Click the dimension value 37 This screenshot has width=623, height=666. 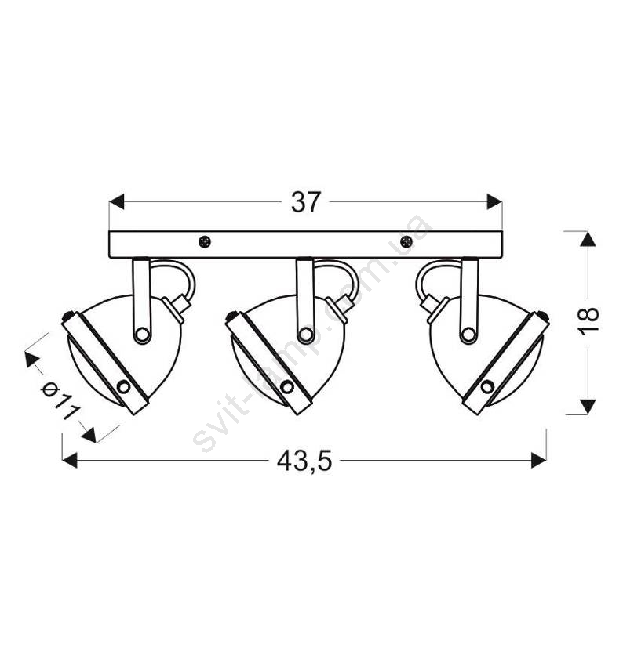click(305, 202)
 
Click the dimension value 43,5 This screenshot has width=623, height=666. click(304, 461)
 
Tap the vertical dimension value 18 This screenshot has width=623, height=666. click(590, 316)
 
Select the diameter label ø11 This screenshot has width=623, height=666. click(61, 401)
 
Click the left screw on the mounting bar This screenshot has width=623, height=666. click(205, 242)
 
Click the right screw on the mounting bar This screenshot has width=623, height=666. click(406, 242)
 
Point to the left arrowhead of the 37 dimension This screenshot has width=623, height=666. click(117, 201)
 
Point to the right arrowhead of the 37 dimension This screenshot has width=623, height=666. click(494, 201)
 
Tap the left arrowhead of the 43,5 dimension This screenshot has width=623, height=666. click(70, 460)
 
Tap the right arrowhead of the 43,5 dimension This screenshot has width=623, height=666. click(538, 460)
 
